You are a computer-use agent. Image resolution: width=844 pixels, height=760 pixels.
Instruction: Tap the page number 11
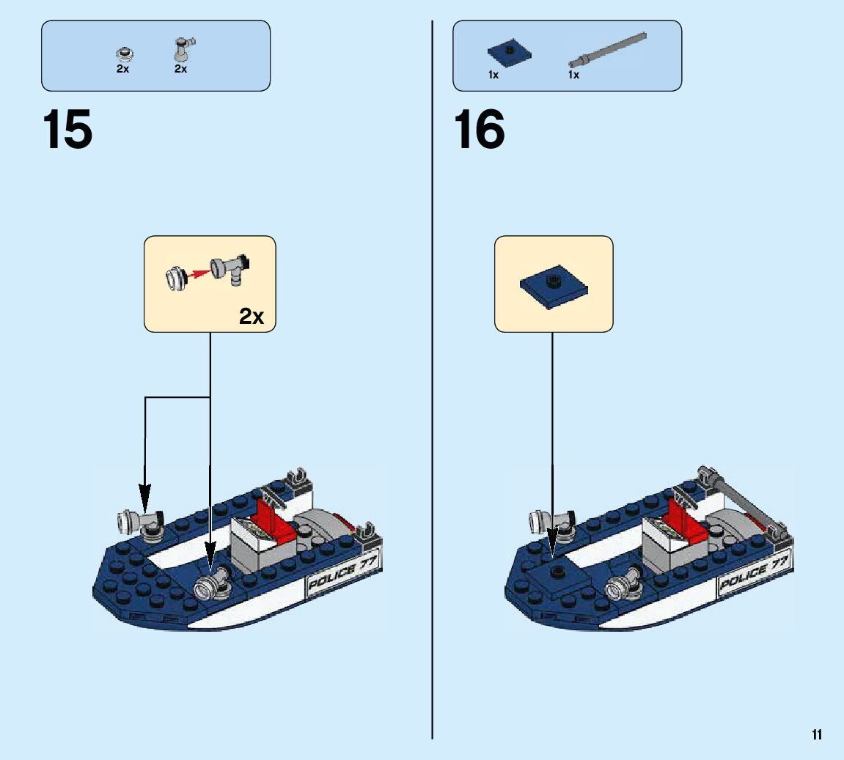(817, 735)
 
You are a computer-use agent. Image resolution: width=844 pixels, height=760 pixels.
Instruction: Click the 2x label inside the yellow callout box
(252, 317)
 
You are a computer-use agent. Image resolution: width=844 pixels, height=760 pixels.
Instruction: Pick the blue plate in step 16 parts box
(509, 52)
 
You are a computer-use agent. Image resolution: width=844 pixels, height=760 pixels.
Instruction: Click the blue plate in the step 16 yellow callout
(554, 287)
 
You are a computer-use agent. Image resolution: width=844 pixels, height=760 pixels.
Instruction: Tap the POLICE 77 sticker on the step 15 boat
(342, 572)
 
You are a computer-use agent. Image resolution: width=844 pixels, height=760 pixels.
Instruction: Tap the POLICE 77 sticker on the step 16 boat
(754, 572)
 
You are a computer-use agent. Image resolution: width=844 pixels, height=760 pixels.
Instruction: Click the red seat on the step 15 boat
(274, 520)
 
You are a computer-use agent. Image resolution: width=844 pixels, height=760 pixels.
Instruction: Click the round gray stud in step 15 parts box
(125, 54)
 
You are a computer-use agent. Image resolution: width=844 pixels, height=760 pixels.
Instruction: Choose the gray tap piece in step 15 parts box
(183, 49)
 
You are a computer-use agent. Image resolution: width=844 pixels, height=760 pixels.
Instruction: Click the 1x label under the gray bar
(574, 75)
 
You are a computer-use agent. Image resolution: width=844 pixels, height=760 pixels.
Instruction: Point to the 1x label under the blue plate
(493, 75)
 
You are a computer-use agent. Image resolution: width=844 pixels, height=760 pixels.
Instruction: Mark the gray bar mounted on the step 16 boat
(743, 503)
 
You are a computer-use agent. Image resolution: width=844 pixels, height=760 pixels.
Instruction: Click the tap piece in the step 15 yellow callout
(230, 268)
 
